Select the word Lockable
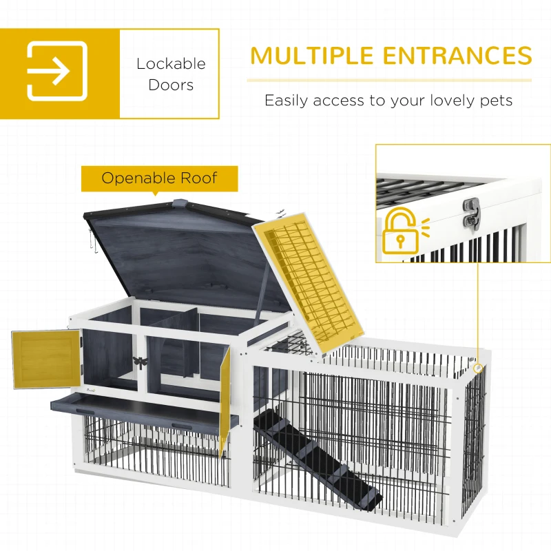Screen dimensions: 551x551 point(171,63)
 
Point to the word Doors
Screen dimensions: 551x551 point(171,85)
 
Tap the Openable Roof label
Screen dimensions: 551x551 point(159,178)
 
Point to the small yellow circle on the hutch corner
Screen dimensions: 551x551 point(478,369)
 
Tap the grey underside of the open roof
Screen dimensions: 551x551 point(186,255)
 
